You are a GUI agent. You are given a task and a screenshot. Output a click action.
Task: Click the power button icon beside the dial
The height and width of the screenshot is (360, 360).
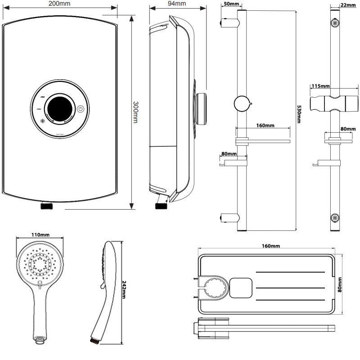[x=80, y=108]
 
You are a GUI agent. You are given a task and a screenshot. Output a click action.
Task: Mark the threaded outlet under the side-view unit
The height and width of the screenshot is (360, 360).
[x=161, y=206]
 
